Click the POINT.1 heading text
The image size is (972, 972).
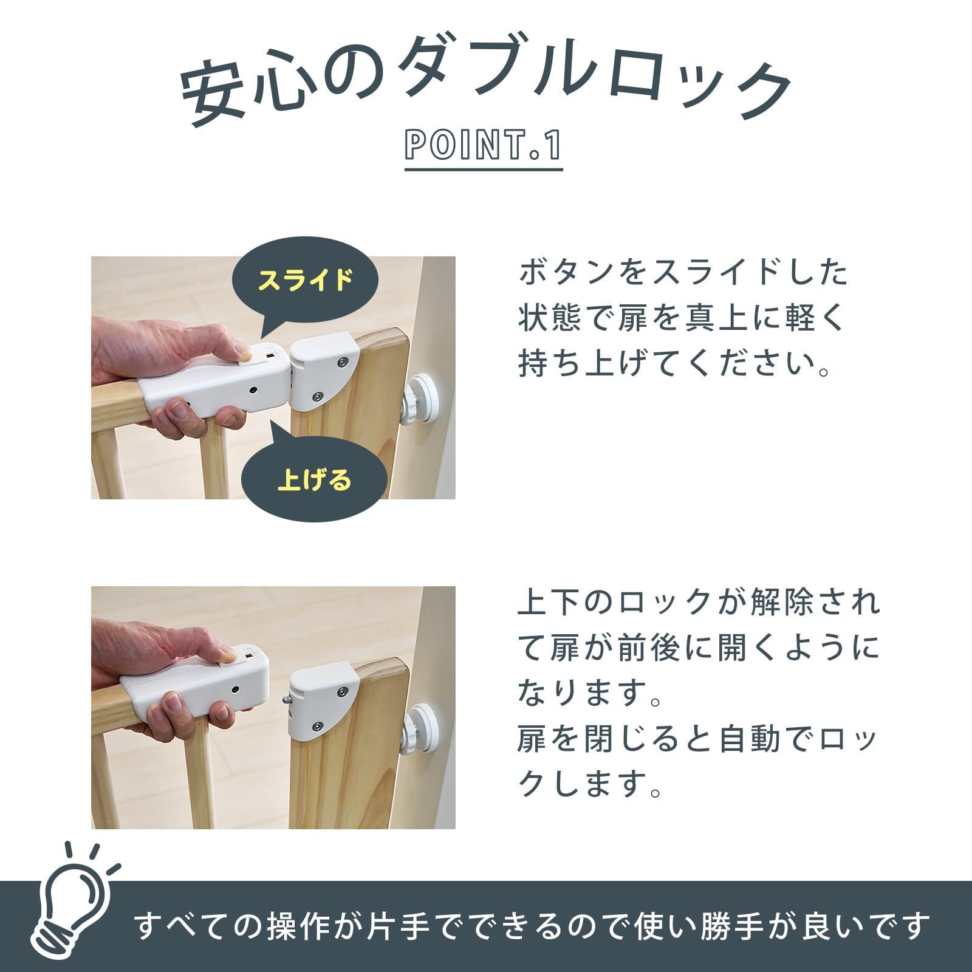[484, 146]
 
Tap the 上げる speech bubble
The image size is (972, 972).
[314, 480]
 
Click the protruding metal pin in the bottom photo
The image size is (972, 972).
[284, 699]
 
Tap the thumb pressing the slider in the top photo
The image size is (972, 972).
[242, 354]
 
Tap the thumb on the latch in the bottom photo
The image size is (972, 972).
[227, 654]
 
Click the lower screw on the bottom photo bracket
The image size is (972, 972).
[318, 725]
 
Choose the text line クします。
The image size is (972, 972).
[589, 784]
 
